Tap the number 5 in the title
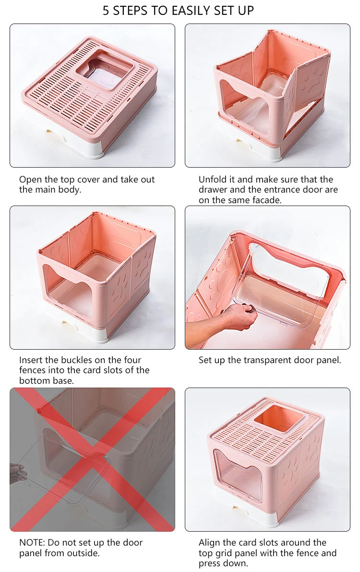pyautogui.click(x=106, y=11)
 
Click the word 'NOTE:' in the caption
pyautogui.click(x=32, y=542)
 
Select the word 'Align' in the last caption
pyautogui.click(x=209, y=543)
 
